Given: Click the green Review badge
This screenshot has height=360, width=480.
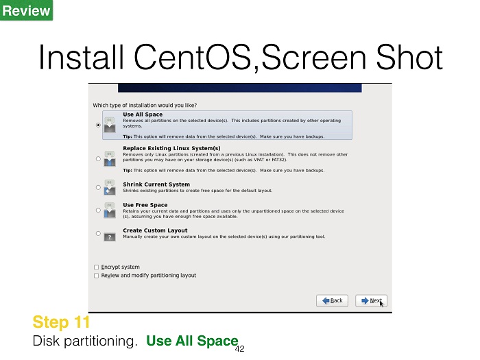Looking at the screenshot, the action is point(26,10).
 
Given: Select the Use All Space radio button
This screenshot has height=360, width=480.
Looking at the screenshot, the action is point(98,125).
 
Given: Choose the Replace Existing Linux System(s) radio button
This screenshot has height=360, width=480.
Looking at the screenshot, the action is point(98,158).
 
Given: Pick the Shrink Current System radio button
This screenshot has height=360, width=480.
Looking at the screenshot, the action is point(98,187).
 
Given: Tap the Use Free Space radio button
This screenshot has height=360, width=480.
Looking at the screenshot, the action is point(98,210).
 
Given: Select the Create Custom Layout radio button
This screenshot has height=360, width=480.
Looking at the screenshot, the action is point(98,233).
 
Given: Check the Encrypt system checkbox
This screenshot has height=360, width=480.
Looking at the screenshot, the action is point(97,267).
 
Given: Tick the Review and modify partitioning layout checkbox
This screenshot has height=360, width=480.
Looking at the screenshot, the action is point(97,276).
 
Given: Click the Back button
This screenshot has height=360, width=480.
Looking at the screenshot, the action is point(332,300).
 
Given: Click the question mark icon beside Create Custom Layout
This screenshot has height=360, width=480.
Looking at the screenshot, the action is point(110,237).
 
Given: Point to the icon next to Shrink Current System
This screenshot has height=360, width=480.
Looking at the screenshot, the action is point(110,187).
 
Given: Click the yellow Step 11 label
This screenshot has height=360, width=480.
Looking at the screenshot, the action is point(61,322).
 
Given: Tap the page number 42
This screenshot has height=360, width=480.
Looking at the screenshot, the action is point(240,348).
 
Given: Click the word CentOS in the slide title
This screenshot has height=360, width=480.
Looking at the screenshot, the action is point(193,57).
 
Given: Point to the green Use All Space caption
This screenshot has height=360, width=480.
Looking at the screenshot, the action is point(192,341).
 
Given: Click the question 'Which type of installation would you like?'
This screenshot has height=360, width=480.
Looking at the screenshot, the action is point(145,106).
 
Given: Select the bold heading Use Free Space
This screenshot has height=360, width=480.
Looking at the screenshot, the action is point(145,205).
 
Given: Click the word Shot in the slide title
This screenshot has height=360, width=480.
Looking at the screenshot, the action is point(409,57).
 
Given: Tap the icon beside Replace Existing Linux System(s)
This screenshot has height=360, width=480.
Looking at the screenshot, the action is point(110,158).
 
